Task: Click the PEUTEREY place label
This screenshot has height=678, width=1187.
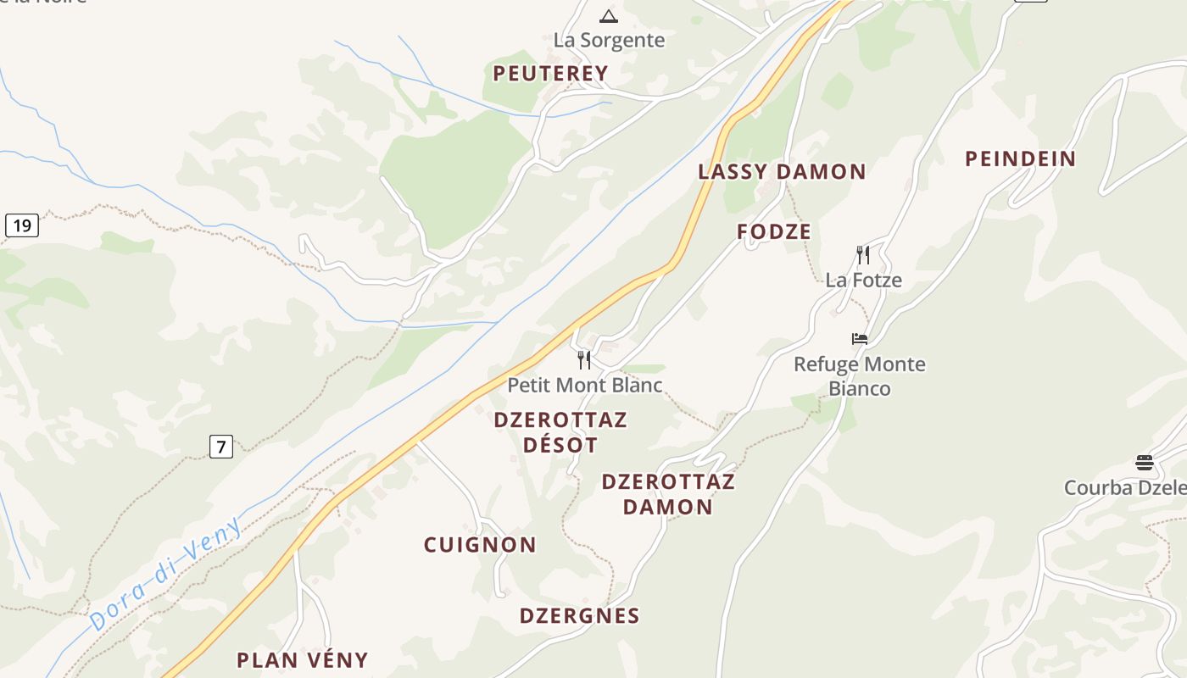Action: click(x=550, y=74)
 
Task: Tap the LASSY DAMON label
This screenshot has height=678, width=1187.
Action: click(x=782, y=172)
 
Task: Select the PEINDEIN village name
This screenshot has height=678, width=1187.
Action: click(x=1020, y=158)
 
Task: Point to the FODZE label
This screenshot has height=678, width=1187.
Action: click(x=774, y=231)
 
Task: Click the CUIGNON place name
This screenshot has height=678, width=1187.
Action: click(x=480, y=545)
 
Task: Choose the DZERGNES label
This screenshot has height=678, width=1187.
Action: click(x=579, y=616)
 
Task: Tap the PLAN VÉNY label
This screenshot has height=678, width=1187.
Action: click(x=302, y=660)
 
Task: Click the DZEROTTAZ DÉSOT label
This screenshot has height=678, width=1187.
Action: click(x=560, y=432)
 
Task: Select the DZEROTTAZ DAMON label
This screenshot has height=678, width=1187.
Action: click(x=668, y=494)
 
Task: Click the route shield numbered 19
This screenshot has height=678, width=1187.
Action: click(x=22, y=225)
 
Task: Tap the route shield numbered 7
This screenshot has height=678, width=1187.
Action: click(x=220, y=447)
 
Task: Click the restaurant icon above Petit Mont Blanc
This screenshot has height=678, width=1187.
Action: click(x=584, y=360)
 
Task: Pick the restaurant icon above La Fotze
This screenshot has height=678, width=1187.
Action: click(x=863, y=254)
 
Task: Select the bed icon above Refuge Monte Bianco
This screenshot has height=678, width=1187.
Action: click(x=860, y=339)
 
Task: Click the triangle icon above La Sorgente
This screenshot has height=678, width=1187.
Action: click(x=609, y=16)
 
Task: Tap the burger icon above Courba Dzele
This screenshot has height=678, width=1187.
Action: click(x=1145, y=463)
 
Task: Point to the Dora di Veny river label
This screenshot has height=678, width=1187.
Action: click(x=166, y=573)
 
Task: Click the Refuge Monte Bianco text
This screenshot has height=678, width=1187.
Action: click(x=860, y=376)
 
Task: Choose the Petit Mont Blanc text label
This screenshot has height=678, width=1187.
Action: click(x=584, y=385)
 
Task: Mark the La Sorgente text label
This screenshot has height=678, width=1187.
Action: click(x=609, y=40)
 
